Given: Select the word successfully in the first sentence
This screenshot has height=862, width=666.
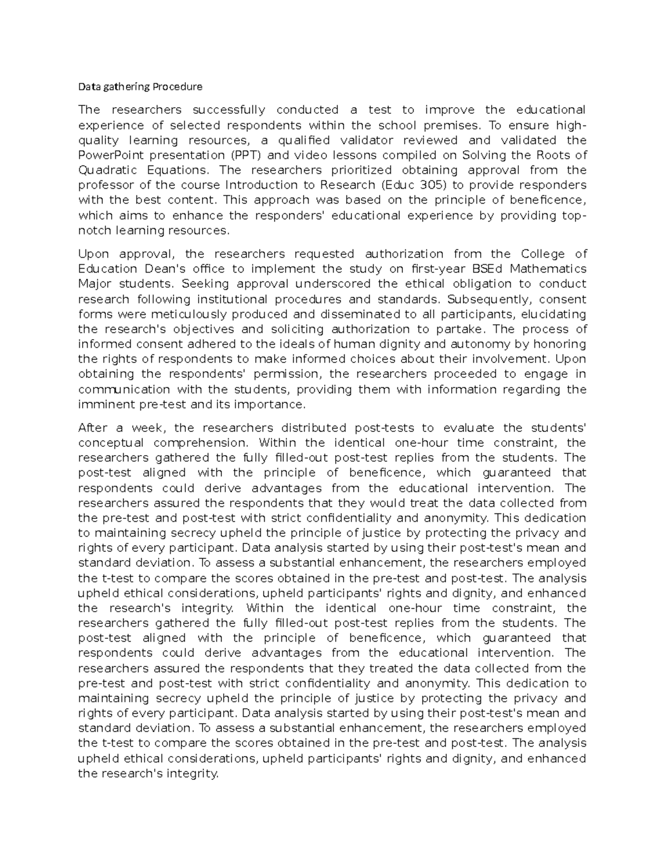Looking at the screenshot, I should (x=229, y=110).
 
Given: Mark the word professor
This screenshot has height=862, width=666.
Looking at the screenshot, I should (x=105, y=185).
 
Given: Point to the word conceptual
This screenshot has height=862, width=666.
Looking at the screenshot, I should (x=111, y=443).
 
